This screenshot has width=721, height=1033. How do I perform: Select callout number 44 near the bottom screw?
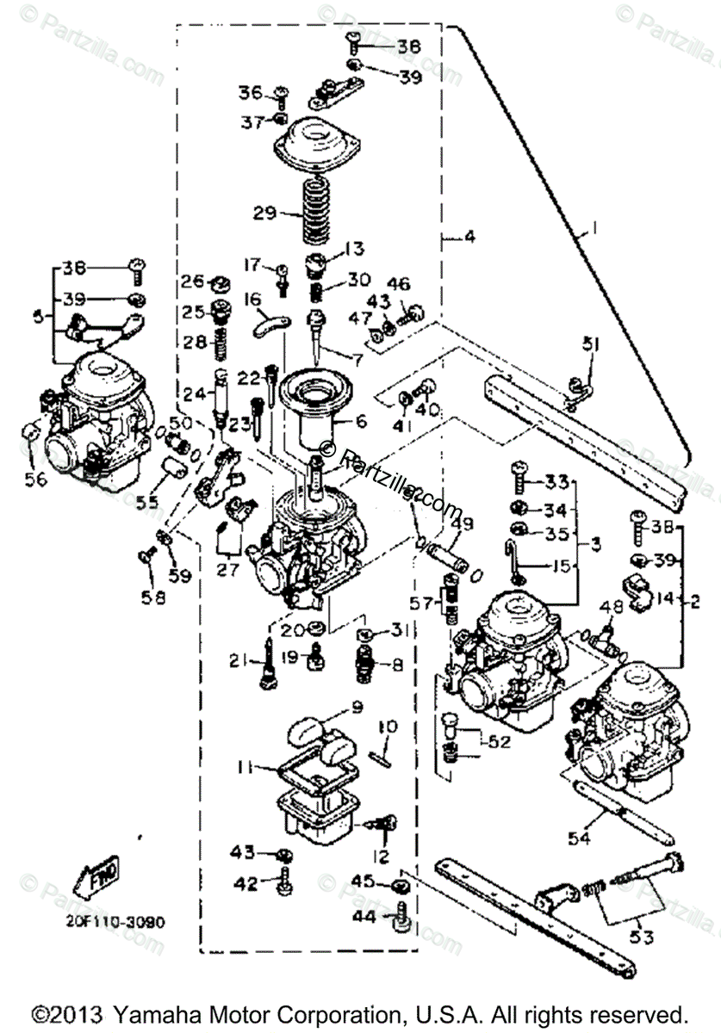(x=364, y=918)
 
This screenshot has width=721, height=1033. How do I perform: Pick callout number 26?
(x=193, y=281)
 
